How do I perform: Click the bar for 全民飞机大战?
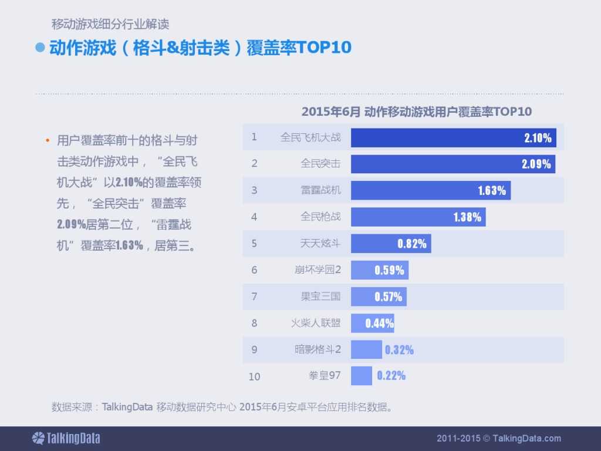[x=453, y=138]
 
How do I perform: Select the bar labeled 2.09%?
[x=453, y=164]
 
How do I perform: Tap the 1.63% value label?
[x=492, y=191]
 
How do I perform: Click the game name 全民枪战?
[x=320, y=217]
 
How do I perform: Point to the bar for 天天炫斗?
[x=391, y=243]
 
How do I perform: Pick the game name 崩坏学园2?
[x=318, y=270]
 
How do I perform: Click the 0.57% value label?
[x=389, y=297]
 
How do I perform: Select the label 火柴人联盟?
[x=316, y=323]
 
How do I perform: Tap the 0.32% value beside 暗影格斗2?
[x=399, y=350]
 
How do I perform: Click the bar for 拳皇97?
[x=362, y=376]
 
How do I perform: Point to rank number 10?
[x=254, y=376]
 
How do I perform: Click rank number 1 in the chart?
[x=254, y=137]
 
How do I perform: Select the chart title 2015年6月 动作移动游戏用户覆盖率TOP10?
[x=416, y=112]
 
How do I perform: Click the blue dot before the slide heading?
[x=40, y=48]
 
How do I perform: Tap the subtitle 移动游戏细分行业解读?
[x=110, y=25]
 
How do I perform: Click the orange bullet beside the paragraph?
[x=47, y=142]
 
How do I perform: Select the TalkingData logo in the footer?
[x=66, y=438]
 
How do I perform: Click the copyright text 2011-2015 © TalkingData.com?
[x=499, y=438]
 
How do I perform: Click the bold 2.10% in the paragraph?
[x=129, y=182]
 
